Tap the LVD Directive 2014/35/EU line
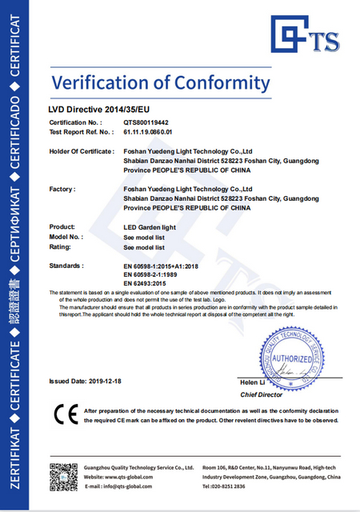(x=98, y=107)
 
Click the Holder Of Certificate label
(x=81, y=150)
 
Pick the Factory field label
(x=62, y=189)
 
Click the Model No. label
(x=66, y=237)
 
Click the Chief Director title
(x=262, y=394)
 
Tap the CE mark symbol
(x=65, y=415)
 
